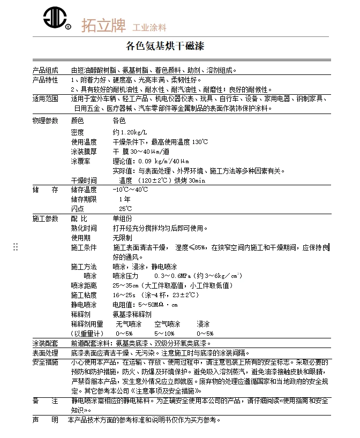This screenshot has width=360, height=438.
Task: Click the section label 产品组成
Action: point(45,70)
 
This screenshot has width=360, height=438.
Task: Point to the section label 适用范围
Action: point(45,99)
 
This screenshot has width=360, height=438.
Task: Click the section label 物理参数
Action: point(45,121)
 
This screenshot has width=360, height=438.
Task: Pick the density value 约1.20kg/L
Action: point(130,132)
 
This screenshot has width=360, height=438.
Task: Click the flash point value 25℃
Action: point(125,208)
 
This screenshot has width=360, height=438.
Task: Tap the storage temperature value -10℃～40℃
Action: point(130,190)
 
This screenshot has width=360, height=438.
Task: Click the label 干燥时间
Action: point(84,180)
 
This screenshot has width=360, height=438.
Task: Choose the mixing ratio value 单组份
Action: point(122,218)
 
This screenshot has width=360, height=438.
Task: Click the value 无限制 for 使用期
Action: point(122,238)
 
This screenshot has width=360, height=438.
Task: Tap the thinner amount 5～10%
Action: point(164,333)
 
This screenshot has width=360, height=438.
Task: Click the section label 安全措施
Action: point(45,362)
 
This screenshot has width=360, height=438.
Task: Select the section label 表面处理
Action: point(45,353)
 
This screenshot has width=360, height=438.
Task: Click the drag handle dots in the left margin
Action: point(16,246)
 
